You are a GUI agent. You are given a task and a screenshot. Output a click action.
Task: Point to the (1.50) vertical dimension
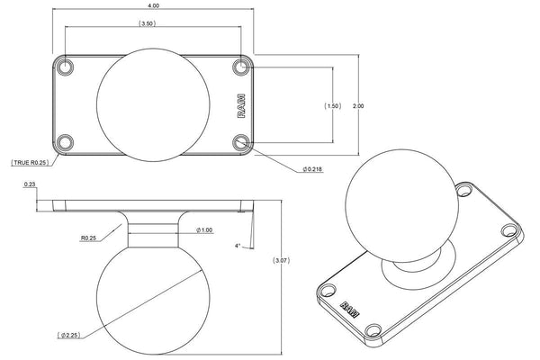coord(332,106)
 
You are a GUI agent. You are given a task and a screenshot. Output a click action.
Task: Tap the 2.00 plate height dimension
coord(359,106)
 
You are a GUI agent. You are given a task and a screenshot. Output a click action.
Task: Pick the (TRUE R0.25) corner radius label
coord(30,163)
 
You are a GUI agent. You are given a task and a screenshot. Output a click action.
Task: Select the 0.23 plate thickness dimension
coord(30,184)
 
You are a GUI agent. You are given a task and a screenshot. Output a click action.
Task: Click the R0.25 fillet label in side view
coord(88,238)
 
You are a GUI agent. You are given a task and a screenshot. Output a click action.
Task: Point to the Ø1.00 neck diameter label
coord(205,230)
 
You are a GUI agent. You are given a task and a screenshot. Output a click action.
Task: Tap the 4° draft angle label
coord(239,245)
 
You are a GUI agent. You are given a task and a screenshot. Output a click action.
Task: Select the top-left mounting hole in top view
coord(66,67)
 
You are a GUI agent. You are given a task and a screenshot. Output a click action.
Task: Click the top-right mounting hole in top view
coord(239,67)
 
